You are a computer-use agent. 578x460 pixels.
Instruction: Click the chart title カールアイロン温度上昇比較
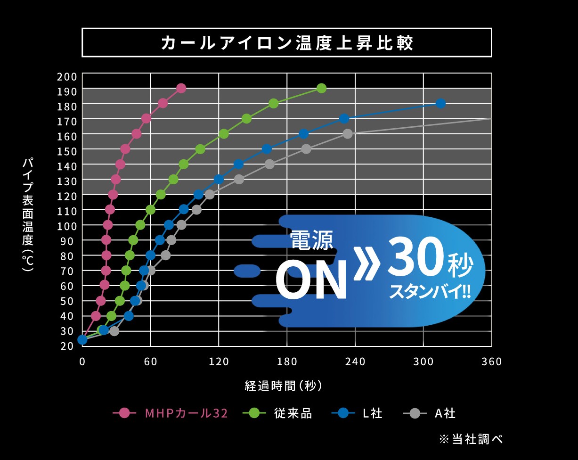click(x=286, y=43)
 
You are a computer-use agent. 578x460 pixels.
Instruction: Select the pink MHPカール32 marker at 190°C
click(x=181, y=89)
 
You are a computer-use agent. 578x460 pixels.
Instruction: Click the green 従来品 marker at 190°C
click(x=321, y=89)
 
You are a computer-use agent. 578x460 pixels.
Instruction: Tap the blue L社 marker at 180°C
click(x=440, y=104)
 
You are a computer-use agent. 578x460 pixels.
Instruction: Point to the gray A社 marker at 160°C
click(x=348, y=134)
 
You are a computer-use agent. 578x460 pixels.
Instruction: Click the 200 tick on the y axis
click(x=66, y=76)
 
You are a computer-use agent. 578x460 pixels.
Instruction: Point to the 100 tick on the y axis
click(x=66, y=225)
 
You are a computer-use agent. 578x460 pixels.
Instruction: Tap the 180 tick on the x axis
click(x=287, y=362)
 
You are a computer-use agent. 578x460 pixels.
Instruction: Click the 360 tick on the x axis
click(x=491, y=362)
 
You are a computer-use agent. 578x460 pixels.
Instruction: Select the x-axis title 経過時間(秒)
click(x=284, y=386)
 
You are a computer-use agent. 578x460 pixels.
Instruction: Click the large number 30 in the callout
click(x=415, y=258)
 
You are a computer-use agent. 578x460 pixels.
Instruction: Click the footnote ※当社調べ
click(x=471, y=439)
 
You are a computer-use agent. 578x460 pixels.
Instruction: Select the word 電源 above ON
click(x=311, y=240)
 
